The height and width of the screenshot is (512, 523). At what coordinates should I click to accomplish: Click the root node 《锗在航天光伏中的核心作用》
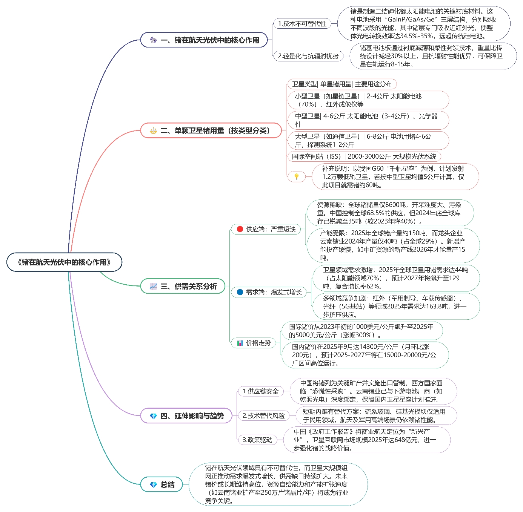pyautogui.click(x=64, y=262)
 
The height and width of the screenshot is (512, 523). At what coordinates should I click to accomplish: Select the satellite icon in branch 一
pyautogui.click(x=153, y=40)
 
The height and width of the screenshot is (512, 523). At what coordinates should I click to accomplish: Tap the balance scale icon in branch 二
pyautogui.click(x=153, y=131)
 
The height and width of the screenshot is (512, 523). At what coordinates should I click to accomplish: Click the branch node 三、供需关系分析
pyautogui.click(x=183, y=286)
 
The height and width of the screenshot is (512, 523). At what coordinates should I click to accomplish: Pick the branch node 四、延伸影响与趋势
pyautogui.click(x=186, y=416)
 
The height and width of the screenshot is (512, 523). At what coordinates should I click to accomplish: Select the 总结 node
pyautogui.click(x=162, y=484)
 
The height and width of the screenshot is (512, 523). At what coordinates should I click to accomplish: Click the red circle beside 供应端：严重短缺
pyautogui.click(x=240, y=229)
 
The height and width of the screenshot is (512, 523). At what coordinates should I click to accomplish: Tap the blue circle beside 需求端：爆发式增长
pyautogui.click(x=240, y=292)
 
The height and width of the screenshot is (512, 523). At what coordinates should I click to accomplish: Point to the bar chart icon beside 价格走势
pyautogui.click(x=240, y=343)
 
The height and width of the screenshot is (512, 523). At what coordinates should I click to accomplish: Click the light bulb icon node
pyautogui.click(x=297, y=176)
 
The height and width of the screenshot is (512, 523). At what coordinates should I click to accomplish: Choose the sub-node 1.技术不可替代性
pyautogui.click(x=302, y=24)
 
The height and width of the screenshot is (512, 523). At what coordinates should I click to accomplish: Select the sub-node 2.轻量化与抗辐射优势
pyautogui.click(x=308, y=56)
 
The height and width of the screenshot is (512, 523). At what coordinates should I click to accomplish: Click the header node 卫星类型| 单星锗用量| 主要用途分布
pyautogui.click(x=342, y=84)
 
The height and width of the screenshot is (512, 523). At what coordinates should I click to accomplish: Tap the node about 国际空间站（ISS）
pyautogui.click(x=364, y=156)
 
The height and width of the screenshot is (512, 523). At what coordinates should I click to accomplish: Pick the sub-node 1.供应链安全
pyautogui.click(x=260, y=391)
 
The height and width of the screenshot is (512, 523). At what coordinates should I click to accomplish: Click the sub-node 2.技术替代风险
pyautogui.click(x=263, y=415)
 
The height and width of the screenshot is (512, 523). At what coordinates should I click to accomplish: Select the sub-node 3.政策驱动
pyautogui.click(x=257, y=440)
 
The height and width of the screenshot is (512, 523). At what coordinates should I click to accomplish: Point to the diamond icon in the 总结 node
pyautogui.click(x=153, y=485)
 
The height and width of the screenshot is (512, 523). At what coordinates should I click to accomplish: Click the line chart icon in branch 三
pyautogui.click(x=153, y=286)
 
